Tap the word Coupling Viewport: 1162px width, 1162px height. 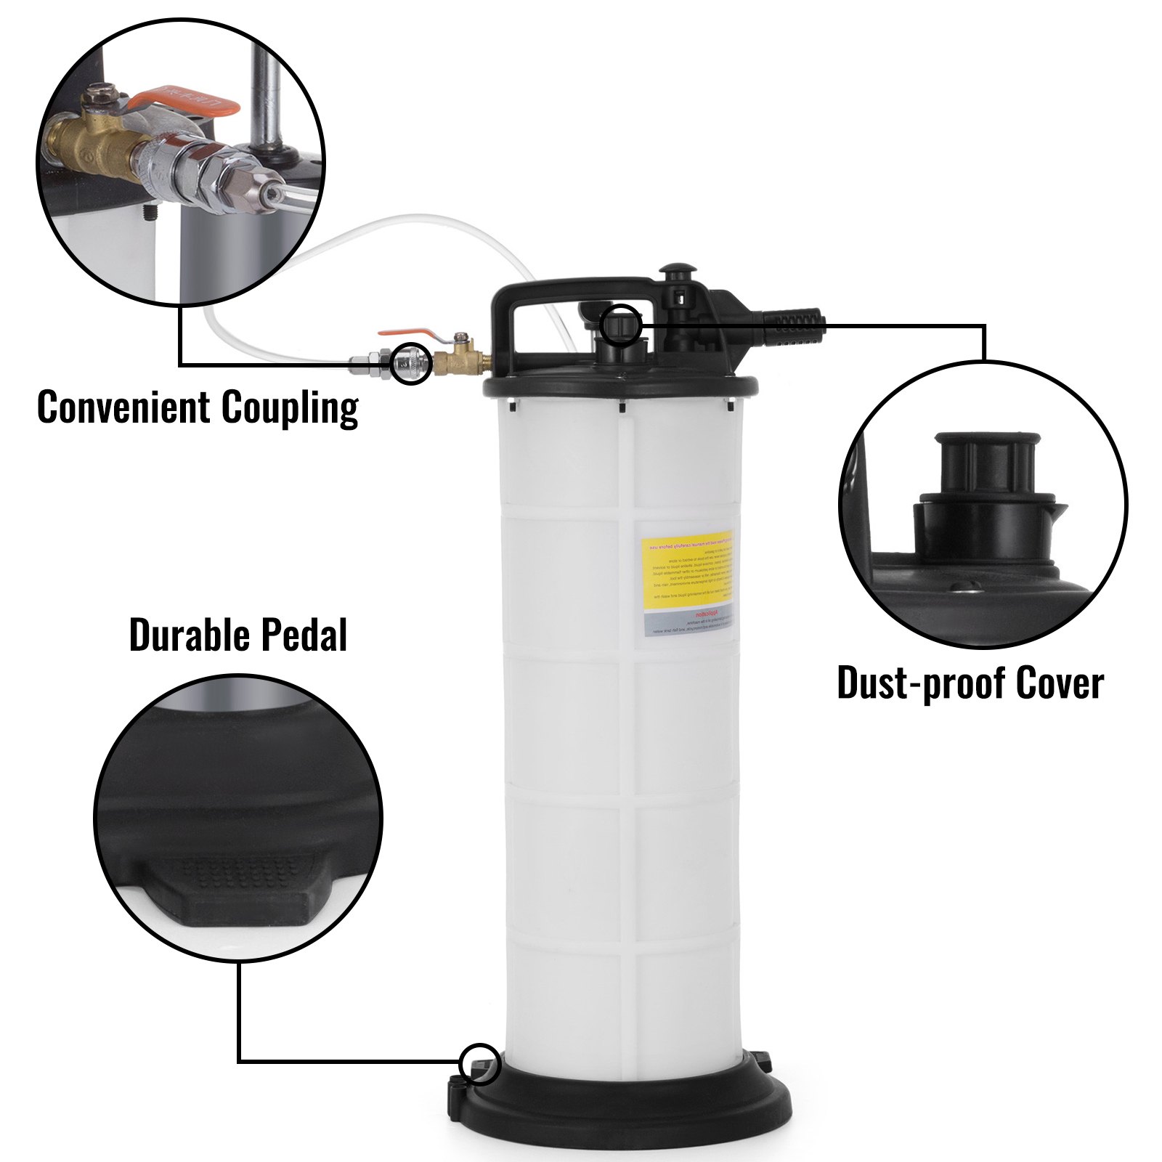[290, 408]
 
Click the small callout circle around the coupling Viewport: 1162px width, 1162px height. [411, 363]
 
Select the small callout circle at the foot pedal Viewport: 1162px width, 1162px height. [480, 1065]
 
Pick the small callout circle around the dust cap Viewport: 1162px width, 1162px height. [621, 324]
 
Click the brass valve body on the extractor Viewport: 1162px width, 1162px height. [458, 359]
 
